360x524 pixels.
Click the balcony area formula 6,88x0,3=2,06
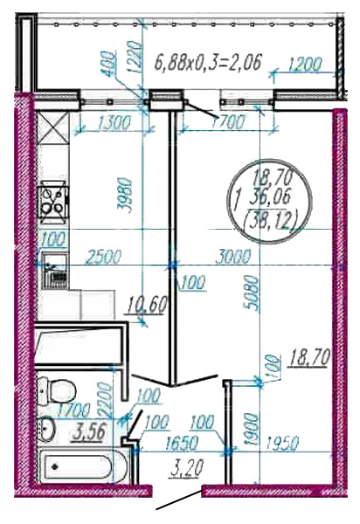[207, 62]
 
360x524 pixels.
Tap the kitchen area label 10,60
[145, 306]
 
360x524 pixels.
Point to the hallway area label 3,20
[186, 468]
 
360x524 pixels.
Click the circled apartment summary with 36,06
[270, 201]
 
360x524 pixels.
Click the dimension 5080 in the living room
[252, 293]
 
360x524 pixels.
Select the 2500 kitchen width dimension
[104, 257]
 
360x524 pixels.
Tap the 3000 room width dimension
[233, 257]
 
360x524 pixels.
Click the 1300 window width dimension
[113, 124]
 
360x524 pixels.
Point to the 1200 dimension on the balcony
[304, 65]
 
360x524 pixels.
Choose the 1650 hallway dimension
[183, 444]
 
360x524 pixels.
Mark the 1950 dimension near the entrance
[282, 444]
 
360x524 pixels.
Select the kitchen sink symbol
[54, 271]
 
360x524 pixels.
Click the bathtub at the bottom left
[82, 466]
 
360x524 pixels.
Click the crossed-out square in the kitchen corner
[52, 128]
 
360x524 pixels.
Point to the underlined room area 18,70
[310, 357]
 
